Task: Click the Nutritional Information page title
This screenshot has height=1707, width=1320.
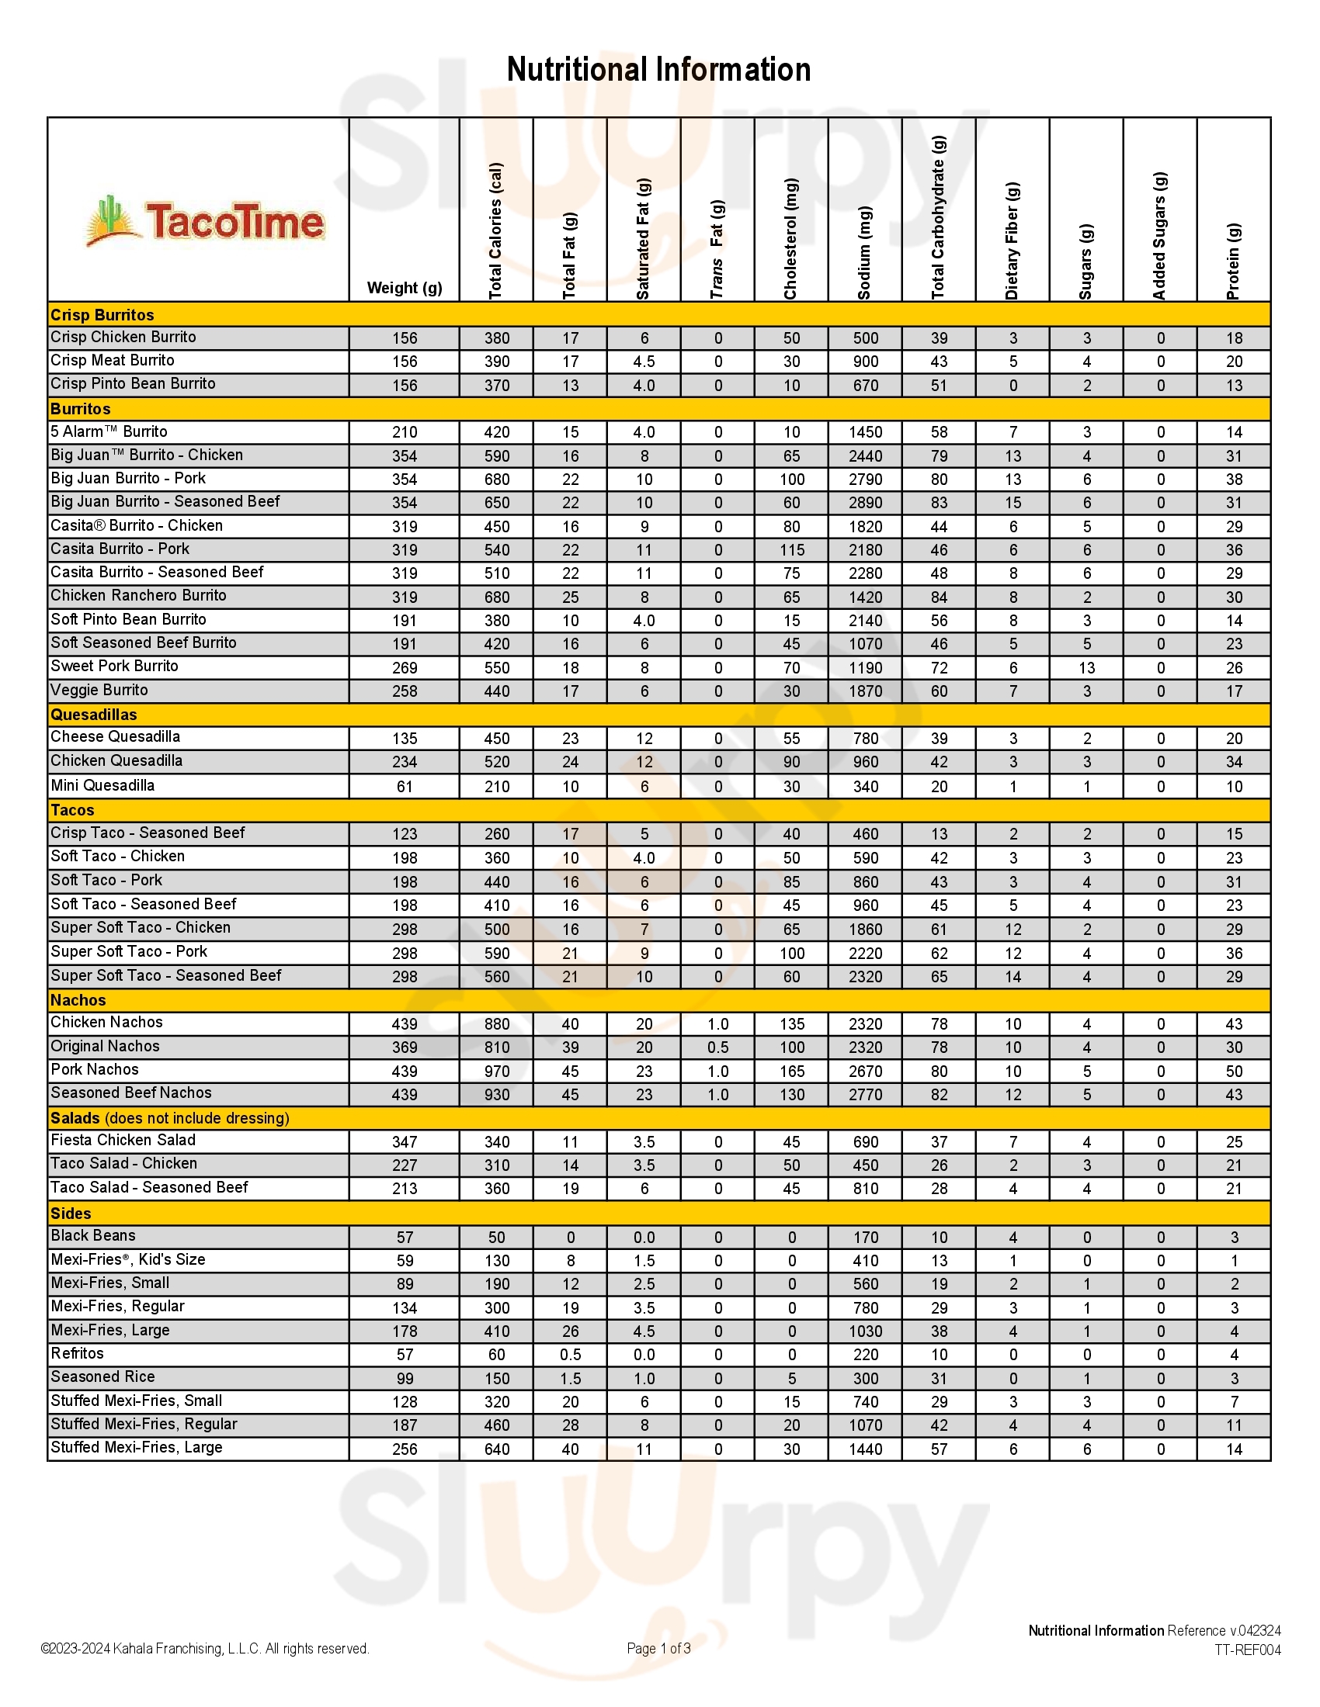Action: click(x=658, y=70)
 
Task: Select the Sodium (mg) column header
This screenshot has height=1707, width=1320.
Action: click(x=864, y=251)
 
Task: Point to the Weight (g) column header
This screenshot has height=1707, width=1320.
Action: click(x=405, y=288)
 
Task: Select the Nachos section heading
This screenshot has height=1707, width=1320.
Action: click(x=78, y=999)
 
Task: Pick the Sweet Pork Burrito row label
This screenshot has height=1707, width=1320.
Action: click(x=114, y=666)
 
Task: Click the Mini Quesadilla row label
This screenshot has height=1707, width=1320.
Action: click(x=102, y=785)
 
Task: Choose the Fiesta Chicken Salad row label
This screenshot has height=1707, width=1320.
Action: click(x=123, y=1141)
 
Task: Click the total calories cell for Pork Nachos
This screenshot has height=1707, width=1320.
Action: click(x=497, y=1071)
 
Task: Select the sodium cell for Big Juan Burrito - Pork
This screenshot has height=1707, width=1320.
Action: click(x=865, y=479)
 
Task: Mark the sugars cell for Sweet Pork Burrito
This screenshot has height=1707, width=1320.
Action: click(x=1086, y=667)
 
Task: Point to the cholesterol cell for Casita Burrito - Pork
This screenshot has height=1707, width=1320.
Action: click(x=791, y=549)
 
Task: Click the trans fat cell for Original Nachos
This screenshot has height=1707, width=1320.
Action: click(x=718, y=1047)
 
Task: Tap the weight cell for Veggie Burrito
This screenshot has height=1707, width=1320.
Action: click(x=405, y=691)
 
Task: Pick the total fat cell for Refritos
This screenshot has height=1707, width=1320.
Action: click(x=570, y=1355)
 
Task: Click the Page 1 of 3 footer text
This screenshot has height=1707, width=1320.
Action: click(x=658, y=1648)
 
